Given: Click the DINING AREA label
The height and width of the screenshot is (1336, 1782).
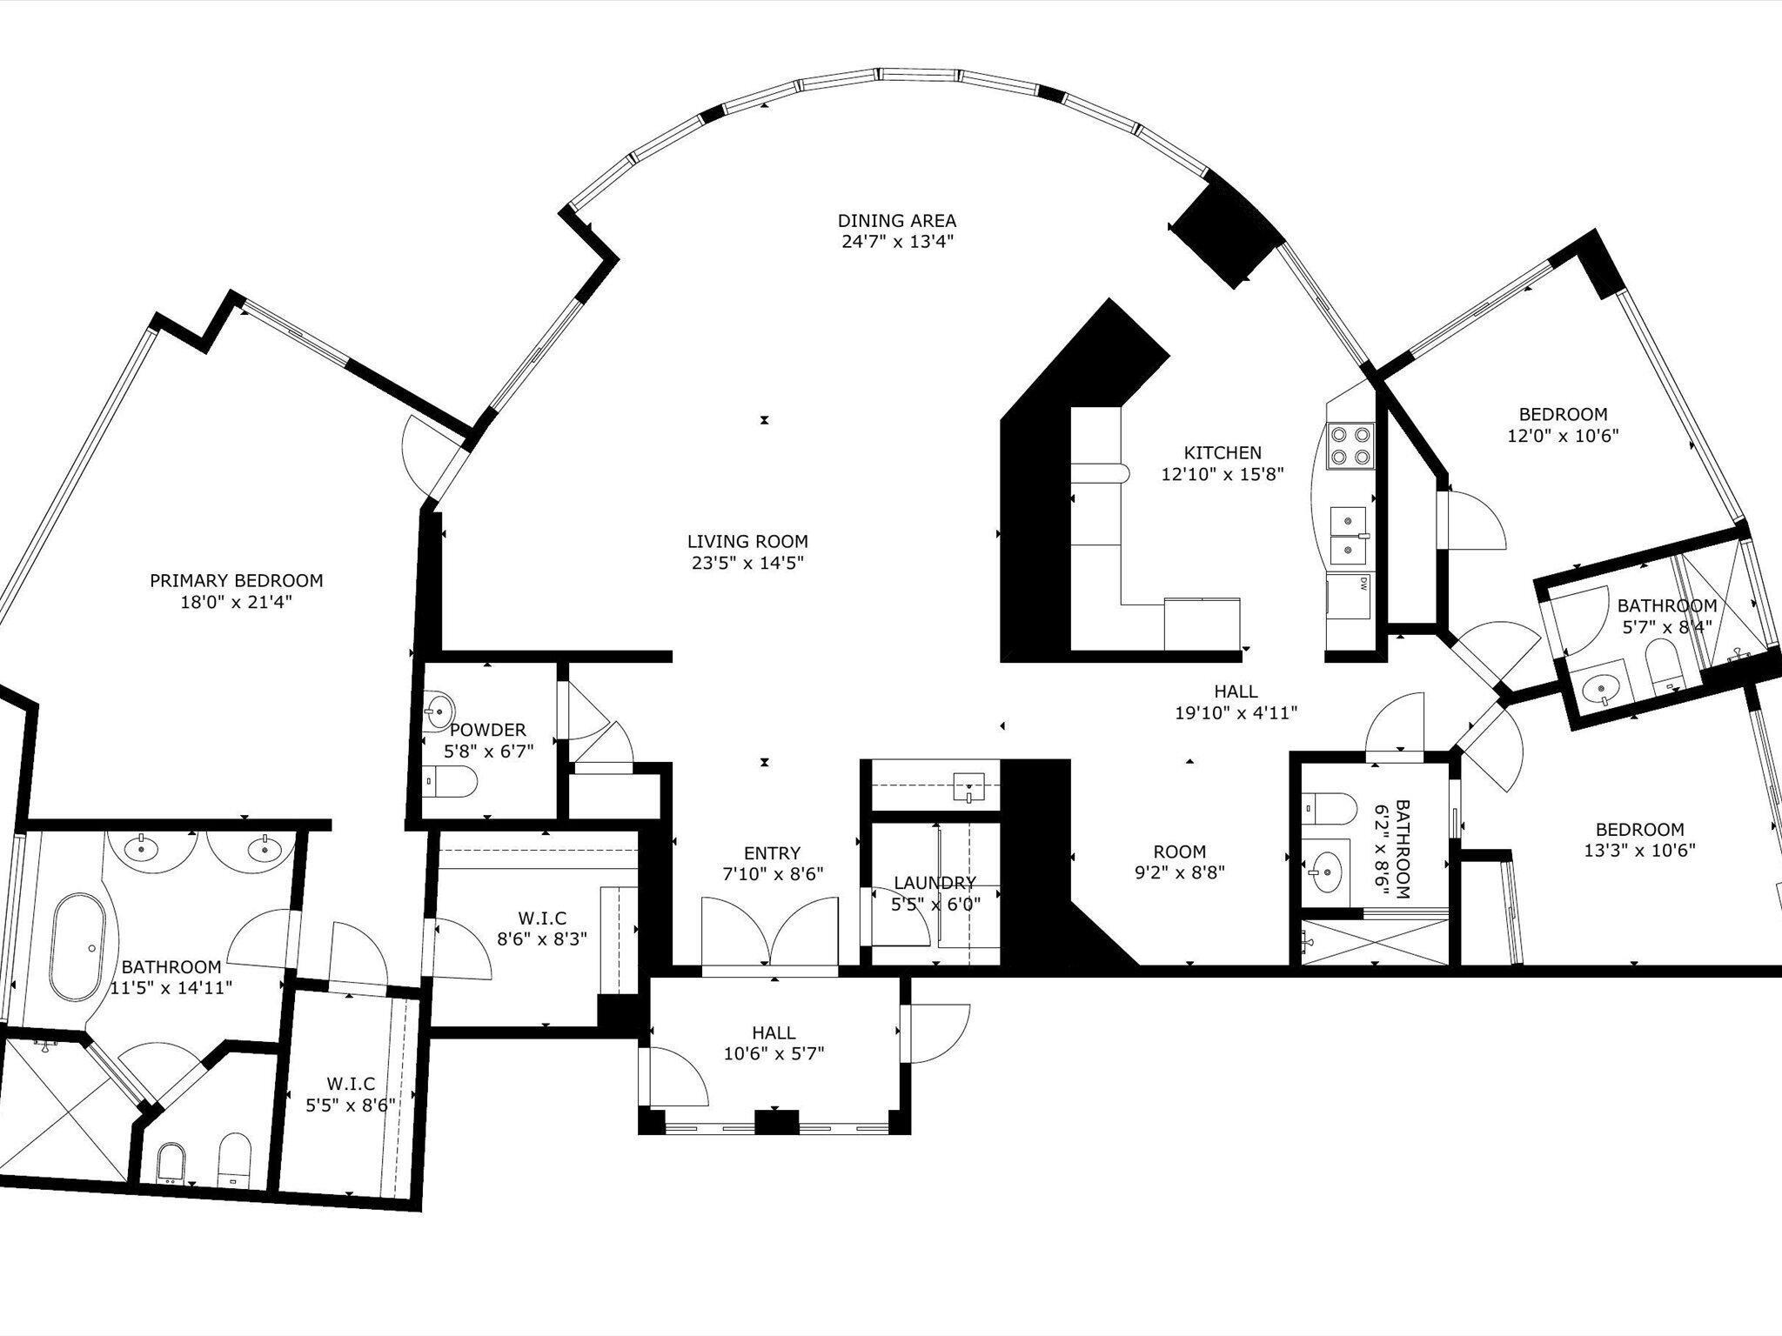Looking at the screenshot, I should click(896, 221).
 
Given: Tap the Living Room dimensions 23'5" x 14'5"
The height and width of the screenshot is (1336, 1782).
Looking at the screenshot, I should click(747, 563).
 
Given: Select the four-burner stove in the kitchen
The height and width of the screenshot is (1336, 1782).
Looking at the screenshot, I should click(1350, 445).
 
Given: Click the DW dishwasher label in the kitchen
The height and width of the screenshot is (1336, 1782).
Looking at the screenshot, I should click(1363, 583).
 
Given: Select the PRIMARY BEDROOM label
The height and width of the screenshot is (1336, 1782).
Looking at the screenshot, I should click(236, 580).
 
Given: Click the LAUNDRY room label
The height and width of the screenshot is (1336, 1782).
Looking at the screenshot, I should click(935, 883).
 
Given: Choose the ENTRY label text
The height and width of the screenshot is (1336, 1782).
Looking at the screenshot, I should click(772, 853).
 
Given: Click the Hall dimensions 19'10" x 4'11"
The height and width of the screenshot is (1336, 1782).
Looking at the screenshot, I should click(1236, 713).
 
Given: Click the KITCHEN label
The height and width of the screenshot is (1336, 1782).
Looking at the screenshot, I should click(1222, 452).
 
